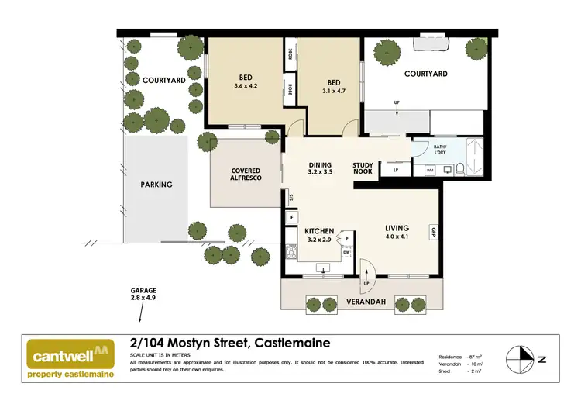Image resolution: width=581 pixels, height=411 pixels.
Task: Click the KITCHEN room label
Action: tap(319, 231)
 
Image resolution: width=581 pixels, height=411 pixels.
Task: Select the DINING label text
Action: tap(320, 165)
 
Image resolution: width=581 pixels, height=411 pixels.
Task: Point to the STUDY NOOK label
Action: tap(363, 169)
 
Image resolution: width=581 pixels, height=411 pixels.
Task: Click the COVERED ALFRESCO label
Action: tap(246, 174)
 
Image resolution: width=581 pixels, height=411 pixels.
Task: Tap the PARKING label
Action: tap(156, 185)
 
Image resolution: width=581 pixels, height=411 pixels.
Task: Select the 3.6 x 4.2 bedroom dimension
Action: tap(245, 86)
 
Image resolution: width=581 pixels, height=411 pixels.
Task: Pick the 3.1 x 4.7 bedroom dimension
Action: tap(334, 90)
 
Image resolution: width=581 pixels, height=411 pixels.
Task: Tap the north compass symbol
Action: tap(521, 358)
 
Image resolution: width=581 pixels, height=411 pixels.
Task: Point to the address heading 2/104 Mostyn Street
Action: tap(228, 343)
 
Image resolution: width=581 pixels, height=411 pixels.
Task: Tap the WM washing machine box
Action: tap(430, 169)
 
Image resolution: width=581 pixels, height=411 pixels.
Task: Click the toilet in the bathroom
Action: tap(459, 168)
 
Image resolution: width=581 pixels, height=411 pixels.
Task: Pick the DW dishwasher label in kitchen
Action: tap(346, 251)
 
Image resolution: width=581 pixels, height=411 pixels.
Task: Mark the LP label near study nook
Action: tap(396, 169)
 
